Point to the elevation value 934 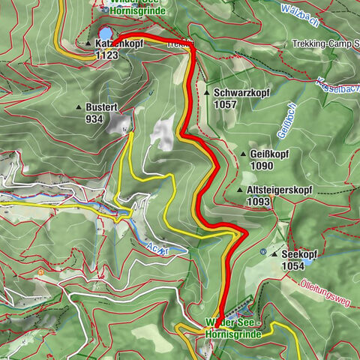coord(94,118)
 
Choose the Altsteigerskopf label coord(278,190)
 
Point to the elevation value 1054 coord(293,265)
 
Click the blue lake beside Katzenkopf coord(106,33)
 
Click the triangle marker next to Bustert coord(78,108)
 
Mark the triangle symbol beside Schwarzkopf coord(207,93)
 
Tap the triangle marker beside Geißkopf coord(242,154)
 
